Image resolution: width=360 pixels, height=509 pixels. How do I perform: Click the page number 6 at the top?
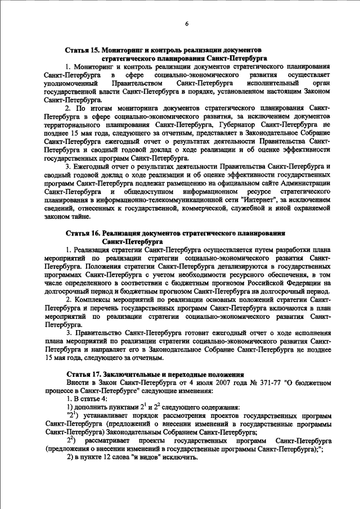coord(187,22)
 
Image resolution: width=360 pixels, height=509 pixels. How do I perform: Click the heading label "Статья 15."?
coord(83,50)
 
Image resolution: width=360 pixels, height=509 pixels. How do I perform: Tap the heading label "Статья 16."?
coord(83,232)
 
